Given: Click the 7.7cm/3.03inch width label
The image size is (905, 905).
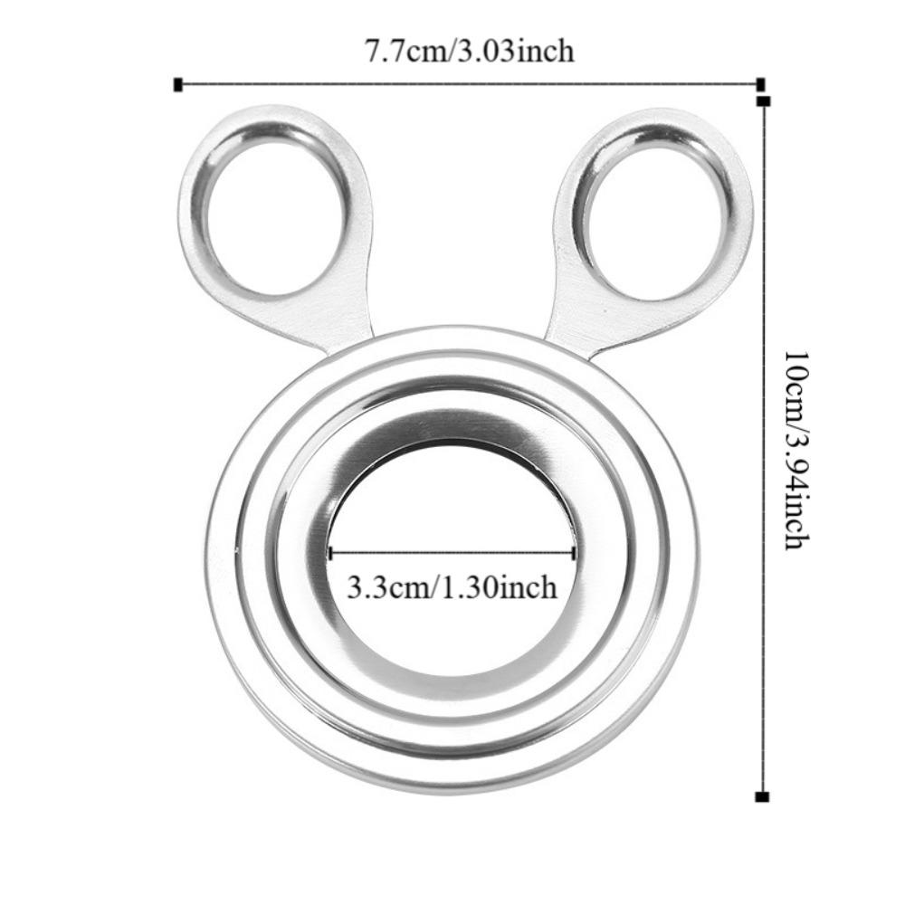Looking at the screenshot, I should click(x=469, y=51).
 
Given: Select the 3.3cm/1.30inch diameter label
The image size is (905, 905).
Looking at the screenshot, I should click(x=452, y=588).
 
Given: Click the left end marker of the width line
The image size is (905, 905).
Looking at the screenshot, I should click(x=177, y=85).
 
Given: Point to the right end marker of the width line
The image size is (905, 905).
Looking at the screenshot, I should click(x=760, y=85).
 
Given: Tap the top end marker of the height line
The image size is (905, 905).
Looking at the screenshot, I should click(x=765, y=101).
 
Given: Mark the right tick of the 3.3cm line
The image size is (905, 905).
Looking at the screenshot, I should click(x=575, y=552).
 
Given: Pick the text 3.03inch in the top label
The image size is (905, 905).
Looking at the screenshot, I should click(x=520, y=51).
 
